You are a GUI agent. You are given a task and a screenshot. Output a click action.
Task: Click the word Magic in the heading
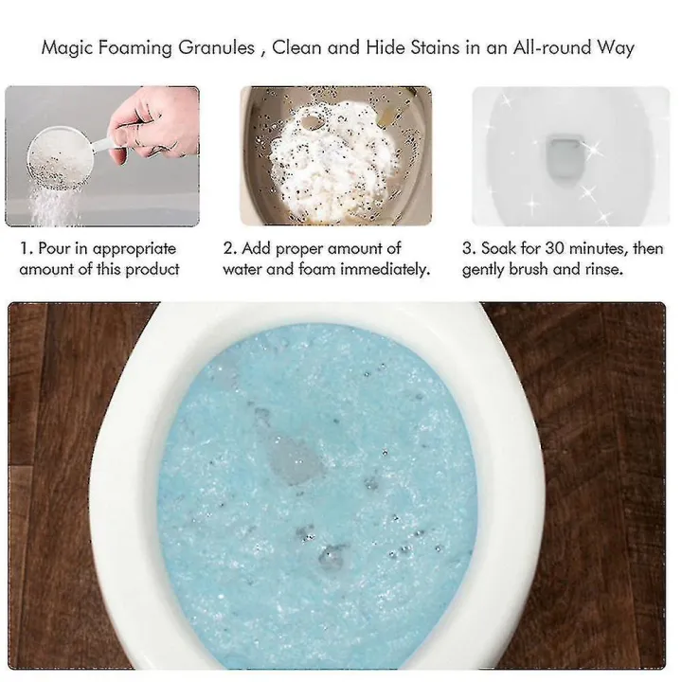coord(68,47)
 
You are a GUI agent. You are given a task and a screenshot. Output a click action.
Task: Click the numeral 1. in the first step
coord(26,249)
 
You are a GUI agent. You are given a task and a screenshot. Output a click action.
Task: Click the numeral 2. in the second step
coord(229,249)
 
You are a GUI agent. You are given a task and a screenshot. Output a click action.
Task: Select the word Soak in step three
coord(499,249)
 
